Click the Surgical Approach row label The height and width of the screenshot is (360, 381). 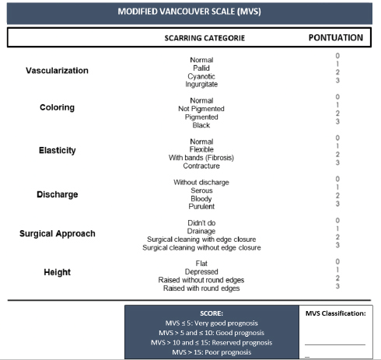click(58, 233)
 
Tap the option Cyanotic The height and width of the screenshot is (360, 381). click(201, 76)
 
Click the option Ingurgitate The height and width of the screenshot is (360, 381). click(201, 84)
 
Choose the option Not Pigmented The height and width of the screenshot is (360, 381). click(201, 109)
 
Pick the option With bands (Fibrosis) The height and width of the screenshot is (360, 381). click(201, 158)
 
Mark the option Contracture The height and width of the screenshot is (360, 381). click(201, 166)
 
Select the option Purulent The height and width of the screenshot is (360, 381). click(201, 207)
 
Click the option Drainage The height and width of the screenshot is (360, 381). click(201, 231)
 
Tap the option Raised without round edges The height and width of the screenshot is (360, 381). click(201, 281)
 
